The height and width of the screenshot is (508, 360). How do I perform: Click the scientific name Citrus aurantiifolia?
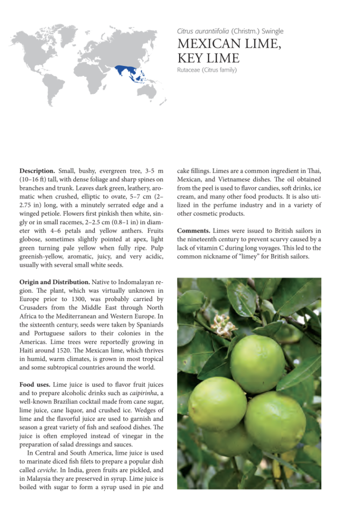point(203,31)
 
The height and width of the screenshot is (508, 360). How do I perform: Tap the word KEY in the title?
point(191,59)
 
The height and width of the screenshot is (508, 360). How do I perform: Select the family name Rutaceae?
point(190,70)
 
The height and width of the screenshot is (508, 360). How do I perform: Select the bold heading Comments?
point(193,231)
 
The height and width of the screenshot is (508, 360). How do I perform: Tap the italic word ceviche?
point(46,469)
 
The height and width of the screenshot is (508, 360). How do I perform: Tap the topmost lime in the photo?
point(258,364)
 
